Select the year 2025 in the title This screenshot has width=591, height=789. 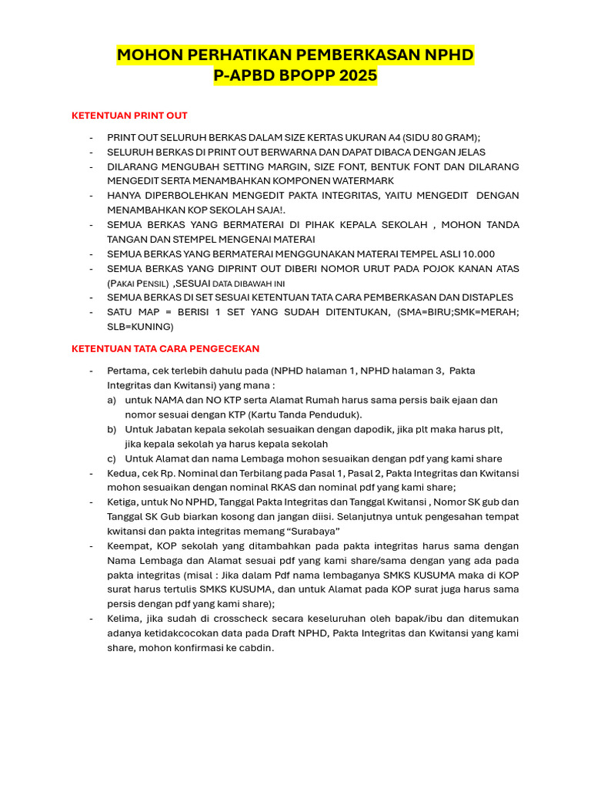click(x=355, y=76)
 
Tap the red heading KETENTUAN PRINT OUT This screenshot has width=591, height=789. click(x=129, y=116)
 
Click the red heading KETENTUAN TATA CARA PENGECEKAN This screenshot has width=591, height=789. click(x=165, y=348)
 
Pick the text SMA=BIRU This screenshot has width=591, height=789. click(x=421, y=311)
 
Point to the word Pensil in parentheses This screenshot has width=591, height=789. click(x=152, y=283)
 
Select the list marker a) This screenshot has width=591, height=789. click(x=112, y=400)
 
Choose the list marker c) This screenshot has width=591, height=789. click(x=112, y=458)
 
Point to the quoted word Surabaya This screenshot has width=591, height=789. click(x=313, y=531)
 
